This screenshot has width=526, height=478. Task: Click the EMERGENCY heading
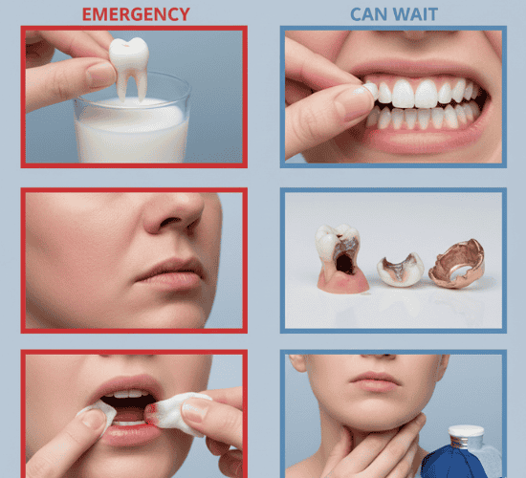(136, 14)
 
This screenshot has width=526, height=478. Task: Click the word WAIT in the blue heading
(415, 14)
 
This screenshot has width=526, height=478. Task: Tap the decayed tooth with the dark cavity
(340, 257)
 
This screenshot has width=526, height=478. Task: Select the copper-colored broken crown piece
(457, 264)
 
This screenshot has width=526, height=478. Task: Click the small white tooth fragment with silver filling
(401, 271)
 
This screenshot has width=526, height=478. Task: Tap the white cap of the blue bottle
(466, 436)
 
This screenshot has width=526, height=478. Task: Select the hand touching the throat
(365, 449)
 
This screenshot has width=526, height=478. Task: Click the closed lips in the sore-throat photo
(375, 381)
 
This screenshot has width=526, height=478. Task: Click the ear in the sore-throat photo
(296, 363)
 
